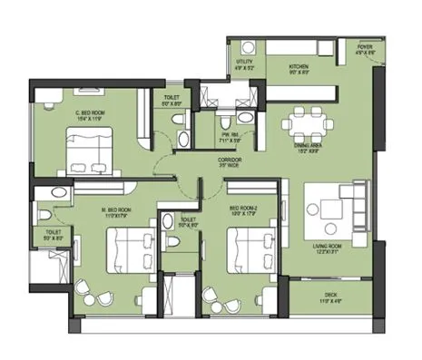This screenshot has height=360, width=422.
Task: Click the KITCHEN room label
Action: pos(300,67)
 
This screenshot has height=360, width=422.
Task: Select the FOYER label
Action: pos(365,47)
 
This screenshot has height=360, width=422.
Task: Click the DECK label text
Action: pos(330,295)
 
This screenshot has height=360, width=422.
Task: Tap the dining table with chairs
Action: pos(306,122)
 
